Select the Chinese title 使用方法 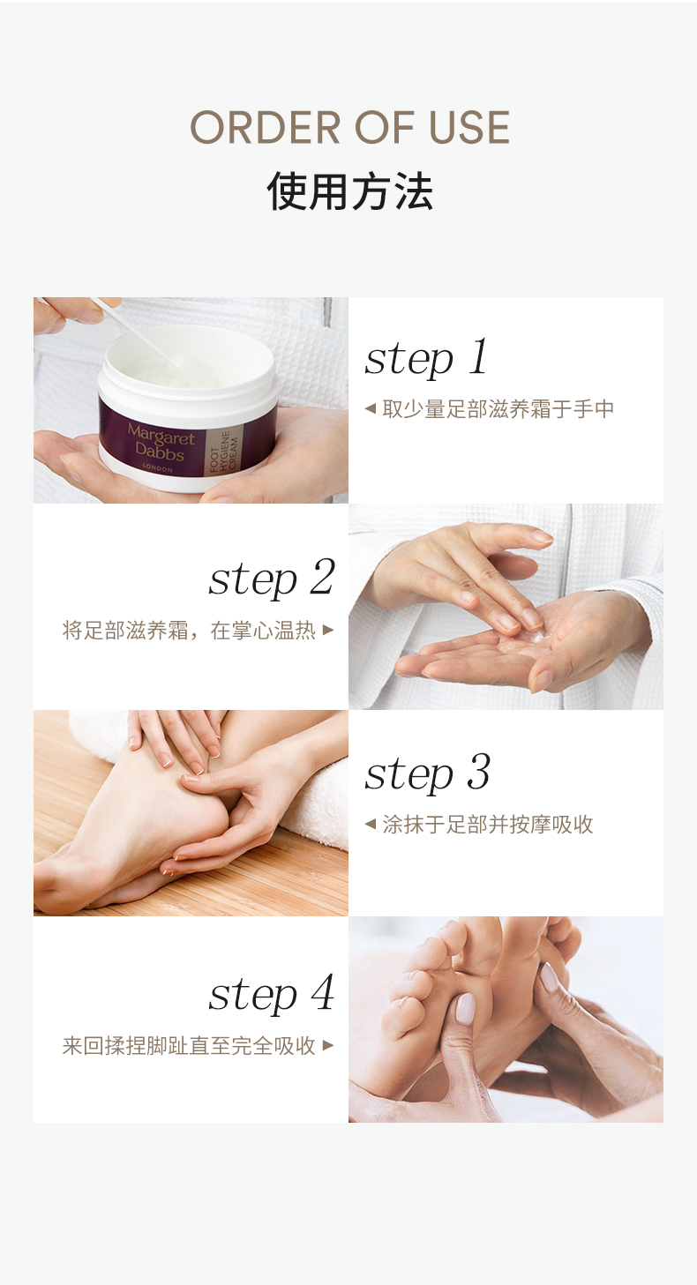[x=349, y=191]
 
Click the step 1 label [x=425, y=358]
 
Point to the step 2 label [x=272, y=579]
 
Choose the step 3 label [x=427, y=773]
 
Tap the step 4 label [x=272, y=993]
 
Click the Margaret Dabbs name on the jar [x=161, y=443]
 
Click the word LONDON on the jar [x=157, y=468]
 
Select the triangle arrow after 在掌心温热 [x=328, y=630]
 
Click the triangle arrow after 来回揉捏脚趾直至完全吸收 [x=328, y=1045]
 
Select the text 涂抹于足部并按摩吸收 [x=488, y=825]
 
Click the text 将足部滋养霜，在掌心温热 [x=190, y=630]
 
